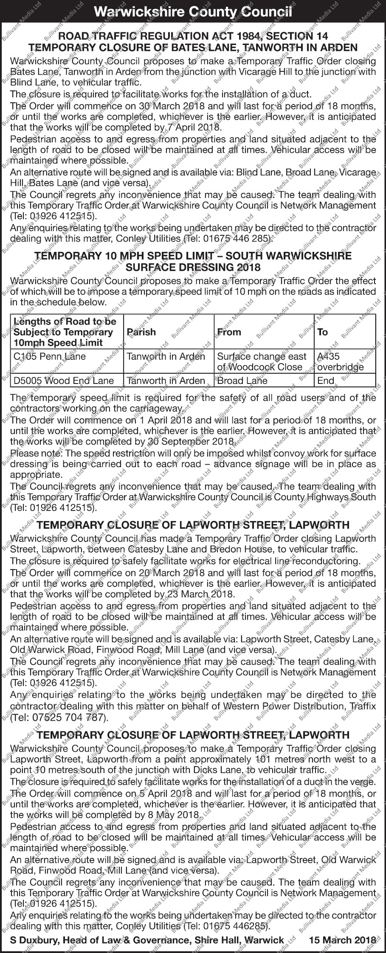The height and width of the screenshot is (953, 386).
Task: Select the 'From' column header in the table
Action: [229, 332]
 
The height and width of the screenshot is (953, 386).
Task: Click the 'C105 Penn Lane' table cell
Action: [50, 356]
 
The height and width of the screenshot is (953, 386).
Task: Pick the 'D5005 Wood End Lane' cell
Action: [64, 381]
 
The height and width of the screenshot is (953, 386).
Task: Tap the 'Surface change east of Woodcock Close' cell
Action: [262, 361]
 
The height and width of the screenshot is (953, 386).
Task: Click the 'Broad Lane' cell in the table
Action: [242, 381]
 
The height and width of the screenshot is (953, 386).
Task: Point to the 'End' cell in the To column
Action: [326, 381]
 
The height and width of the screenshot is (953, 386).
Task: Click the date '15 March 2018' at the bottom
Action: [343, 940]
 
